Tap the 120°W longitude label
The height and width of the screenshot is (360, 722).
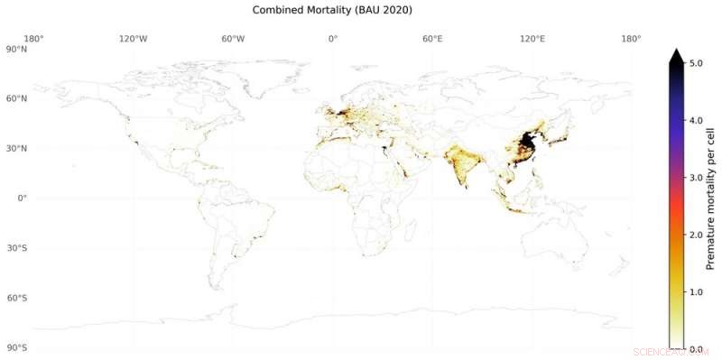(134, 39)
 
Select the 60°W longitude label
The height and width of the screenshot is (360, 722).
(233, 39)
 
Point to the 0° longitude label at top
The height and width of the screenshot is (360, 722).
(333, 39)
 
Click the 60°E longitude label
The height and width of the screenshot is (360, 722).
(432, 39)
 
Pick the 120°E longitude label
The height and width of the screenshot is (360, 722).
(532, 39)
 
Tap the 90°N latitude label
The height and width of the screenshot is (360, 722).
(16, 50)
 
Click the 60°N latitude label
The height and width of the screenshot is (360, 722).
(16, 98)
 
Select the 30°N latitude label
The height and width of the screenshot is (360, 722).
(16, 148)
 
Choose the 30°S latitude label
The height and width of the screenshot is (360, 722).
(16, 248)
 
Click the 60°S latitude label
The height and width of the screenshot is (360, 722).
(16, 298)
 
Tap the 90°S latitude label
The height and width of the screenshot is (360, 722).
(16, 347)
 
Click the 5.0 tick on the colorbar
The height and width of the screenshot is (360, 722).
(696, 63)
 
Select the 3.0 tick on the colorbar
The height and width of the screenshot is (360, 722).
(696, 178)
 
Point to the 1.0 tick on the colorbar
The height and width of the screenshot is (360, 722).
(696, 291)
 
